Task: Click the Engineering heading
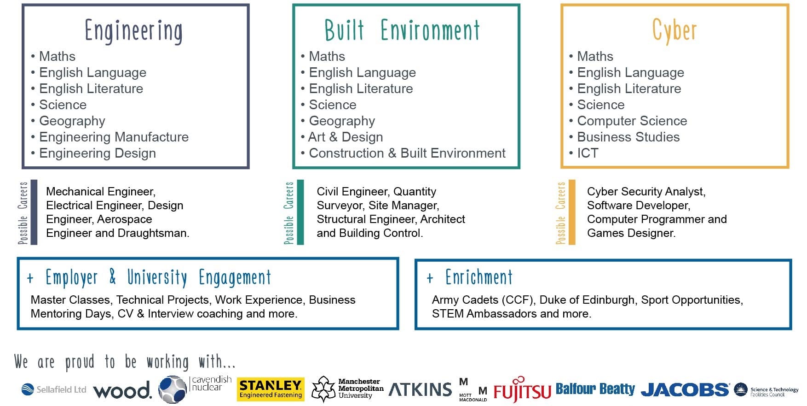point(133,31)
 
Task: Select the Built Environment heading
point(402,30)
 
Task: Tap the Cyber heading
point(674,31)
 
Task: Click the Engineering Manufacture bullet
point(114,137)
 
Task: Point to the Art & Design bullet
point(346,137)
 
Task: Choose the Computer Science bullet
point(632,121)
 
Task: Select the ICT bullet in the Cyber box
point(588,153)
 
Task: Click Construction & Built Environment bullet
point(407,153)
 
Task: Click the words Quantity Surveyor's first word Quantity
point(415,192)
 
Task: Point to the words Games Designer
point(631,233)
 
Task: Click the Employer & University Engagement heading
point(158,277)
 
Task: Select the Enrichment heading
point(479,277)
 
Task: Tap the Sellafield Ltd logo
point(54,389)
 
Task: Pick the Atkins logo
point(421,389)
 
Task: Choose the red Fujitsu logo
point(522,390)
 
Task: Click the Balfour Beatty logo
point(595,389)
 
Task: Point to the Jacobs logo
point(685,390)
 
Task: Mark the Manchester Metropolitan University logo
point(348,389)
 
